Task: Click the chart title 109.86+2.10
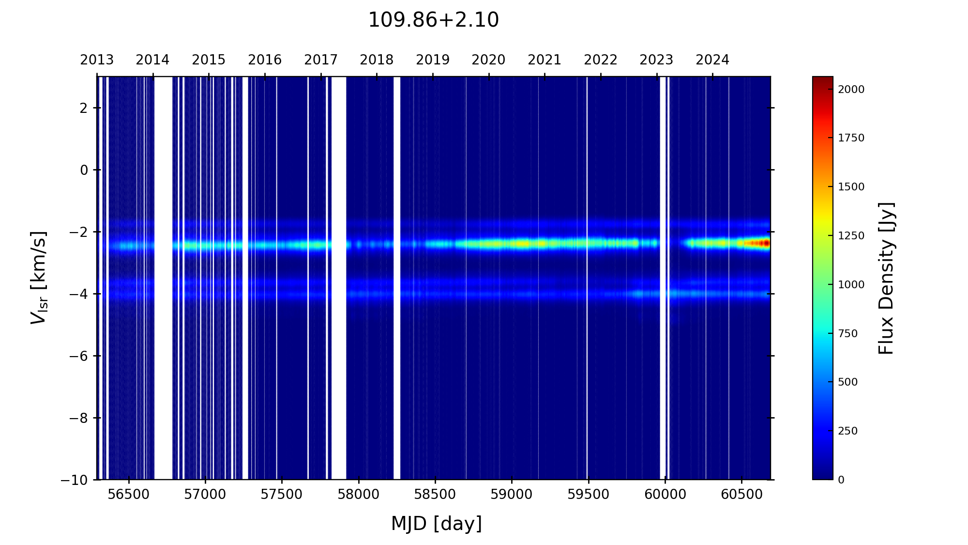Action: pos(433,20)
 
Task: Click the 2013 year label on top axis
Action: pos(97,60)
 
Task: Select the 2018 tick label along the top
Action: pos(377,60)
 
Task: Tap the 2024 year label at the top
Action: pos(712,60)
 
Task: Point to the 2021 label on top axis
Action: pos(544,60)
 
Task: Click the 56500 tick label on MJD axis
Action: pos(128,495)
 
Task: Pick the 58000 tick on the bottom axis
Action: pos(359,495)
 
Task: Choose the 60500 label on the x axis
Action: pos(741,495)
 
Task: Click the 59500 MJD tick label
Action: pos(588,495)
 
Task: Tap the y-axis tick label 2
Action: pos(84,108)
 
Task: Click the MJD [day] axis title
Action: pos(437,524)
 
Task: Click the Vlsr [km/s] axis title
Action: pos(39,278)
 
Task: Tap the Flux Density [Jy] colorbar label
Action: pos(886,278)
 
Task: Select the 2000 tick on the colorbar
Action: pos(851,90)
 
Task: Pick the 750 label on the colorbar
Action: pos(848,334)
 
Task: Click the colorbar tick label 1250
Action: pos(851,236)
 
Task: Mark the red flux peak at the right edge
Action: pos(765,243)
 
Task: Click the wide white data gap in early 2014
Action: pos(163,278)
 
